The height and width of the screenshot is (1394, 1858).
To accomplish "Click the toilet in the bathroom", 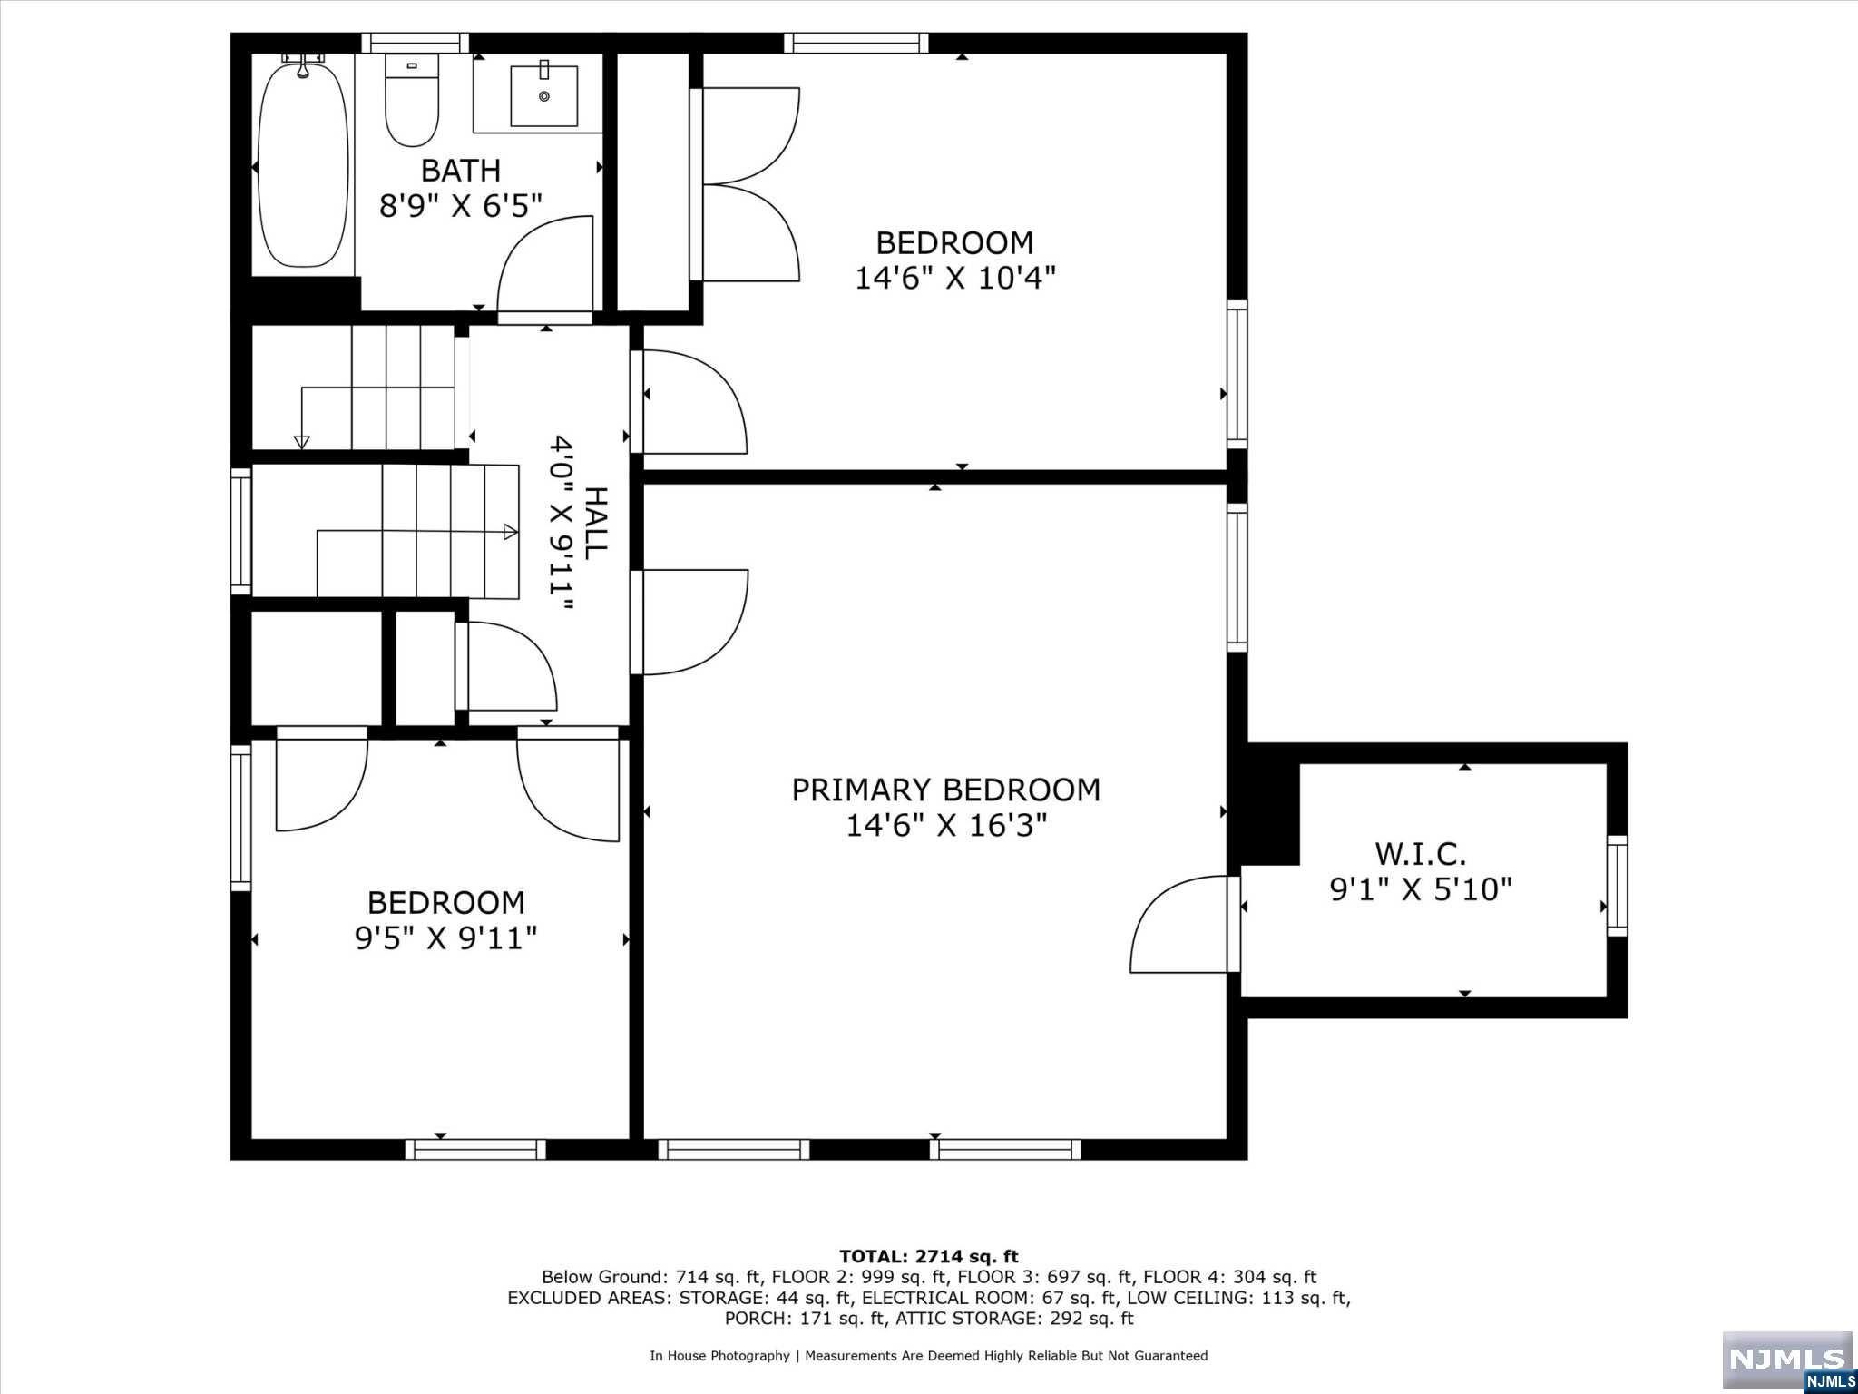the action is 412,99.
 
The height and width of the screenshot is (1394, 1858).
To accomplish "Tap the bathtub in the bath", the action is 303,164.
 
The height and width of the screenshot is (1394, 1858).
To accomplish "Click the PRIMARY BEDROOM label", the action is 946,790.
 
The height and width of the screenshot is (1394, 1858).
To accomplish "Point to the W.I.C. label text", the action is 1421,854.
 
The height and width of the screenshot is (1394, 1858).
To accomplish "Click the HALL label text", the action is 595,523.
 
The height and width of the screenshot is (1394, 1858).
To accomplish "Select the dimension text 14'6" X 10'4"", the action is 955,278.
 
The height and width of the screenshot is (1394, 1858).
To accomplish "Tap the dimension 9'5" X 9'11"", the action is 445,938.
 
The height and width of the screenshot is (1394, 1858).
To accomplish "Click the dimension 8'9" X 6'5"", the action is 460,206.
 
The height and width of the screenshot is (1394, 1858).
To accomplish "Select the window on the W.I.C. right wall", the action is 1617,886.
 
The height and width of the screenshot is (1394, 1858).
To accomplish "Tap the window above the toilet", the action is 416,43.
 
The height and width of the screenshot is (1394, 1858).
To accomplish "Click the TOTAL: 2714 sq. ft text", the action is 929,1257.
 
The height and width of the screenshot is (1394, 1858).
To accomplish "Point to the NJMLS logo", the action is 1787,1362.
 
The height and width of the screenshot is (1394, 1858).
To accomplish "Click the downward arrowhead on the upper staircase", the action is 302,442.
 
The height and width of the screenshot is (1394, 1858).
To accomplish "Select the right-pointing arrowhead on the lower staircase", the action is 511,532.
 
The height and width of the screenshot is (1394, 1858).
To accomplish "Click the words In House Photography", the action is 719,1356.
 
